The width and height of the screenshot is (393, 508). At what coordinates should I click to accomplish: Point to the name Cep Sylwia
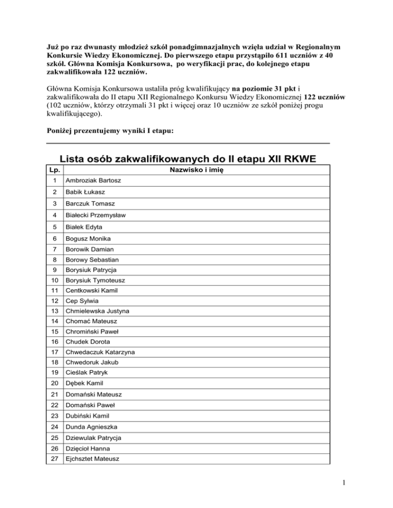[78, 301]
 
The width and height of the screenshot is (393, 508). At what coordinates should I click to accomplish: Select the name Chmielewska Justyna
[96, 311]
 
